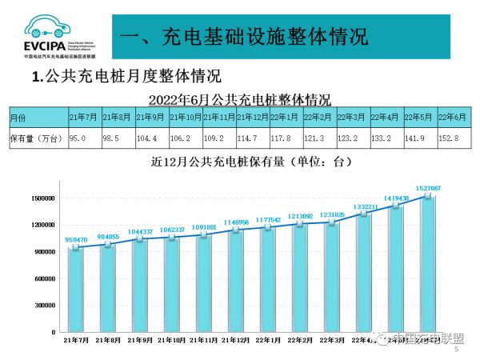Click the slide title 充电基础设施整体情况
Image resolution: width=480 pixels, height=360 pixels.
coord(248,37)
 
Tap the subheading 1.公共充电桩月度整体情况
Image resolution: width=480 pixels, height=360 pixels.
coord(125,78)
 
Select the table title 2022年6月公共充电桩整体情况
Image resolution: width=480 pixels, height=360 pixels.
coord(240,99)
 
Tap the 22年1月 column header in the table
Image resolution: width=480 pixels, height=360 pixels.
coord(284,117)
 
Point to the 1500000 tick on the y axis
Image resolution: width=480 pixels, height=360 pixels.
coord(40,198)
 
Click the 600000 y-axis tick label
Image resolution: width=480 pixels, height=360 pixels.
coord(42,278)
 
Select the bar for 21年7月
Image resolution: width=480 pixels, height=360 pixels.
coord(76,290)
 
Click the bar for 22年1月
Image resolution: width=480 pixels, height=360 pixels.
coord(270,272)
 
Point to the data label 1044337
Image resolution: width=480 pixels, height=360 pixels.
coord(141,231)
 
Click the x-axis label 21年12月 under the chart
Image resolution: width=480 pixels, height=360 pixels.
coord(237,340)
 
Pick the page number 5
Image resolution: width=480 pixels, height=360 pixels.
coord(457,350)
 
